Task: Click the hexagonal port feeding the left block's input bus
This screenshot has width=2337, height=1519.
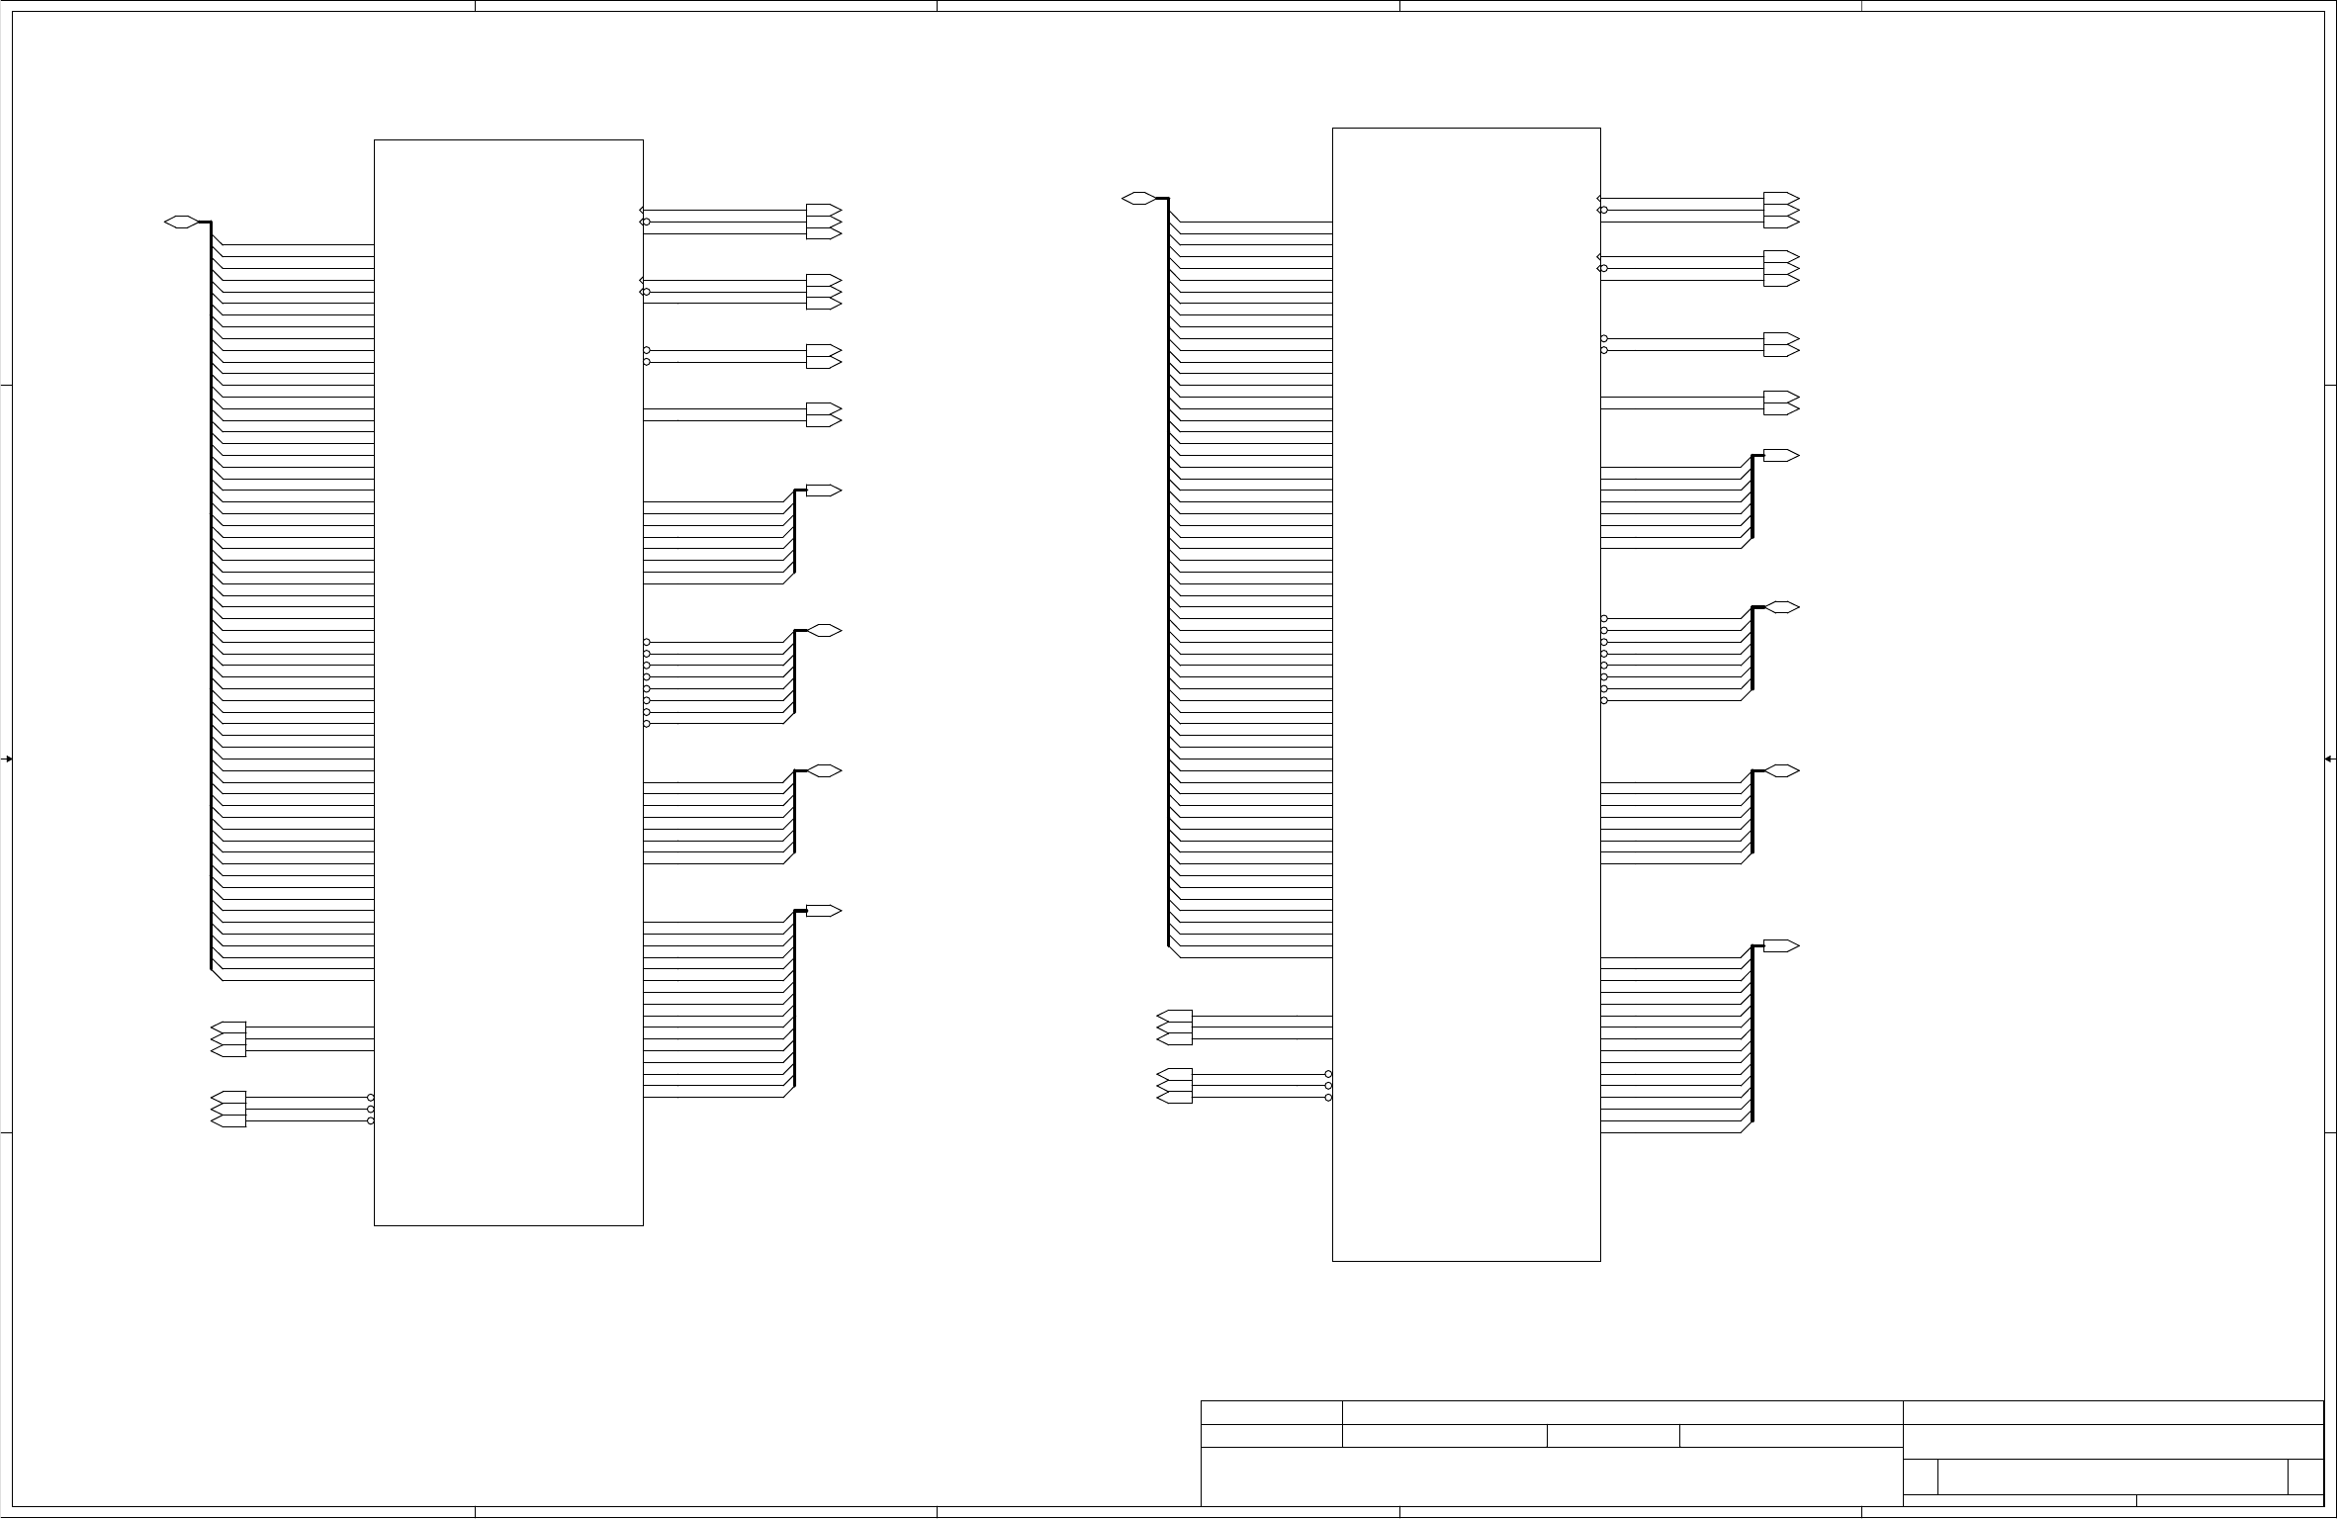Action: pos(181,222)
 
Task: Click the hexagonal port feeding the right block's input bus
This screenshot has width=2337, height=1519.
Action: pos(1138,199)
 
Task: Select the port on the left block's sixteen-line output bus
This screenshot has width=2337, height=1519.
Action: pos(823,911)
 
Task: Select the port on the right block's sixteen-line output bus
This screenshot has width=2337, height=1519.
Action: pos(1780,946)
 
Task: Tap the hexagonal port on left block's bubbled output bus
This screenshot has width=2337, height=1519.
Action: pos(825,631)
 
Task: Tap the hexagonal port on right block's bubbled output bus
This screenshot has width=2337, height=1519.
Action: pos(1782,607)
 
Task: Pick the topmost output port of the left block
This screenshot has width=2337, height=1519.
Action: pos(823,211)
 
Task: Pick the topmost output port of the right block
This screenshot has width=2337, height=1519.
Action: pos(1780,198)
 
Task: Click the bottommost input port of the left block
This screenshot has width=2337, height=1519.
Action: pos(228,1121)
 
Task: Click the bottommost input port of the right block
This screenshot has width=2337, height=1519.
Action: pos(1175,1098)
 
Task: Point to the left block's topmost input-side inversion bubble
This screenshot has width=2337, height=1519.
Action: pos(371,1098)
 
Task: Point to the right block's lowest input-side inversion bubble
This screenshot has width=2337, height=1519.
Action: pos(1328,1098)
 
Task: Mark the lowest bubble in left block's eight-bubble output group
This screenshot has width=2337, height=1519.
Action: pos(647,724)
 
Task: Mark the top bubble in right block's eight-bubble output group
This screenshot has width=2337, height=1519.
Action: pos(1604,619)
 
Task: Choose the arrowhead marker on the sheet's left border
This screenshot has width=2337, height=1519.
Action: pos(7,759)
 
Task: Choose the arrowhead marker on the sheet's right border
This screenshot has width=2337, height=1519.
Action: pos(2329,759)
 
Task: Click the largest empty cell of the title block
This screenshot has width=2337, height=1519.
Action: pos(1552,1476)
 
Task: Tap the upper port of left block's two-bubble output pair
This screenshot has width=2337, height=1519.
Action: pos(823,350)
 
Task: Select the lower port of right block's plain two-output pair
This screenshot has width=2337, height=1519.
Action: pos(1780,408)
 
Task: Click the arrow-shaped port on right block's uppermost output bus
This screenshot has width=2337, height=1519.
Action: pos(1780,456)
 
